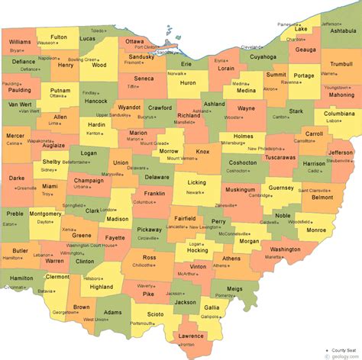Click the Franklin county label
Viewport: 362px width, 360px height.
point(154,194)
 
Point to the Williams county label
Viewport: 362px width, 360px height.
point(21,41)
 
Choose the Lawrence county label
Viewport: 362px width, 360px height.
point(190,336)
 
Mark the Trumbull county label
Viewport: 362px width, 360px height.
point(341,64)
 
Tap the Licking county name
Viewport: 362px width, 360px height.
point(196,183)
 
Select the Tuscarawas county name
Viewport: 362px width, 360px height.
point(281,156)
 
